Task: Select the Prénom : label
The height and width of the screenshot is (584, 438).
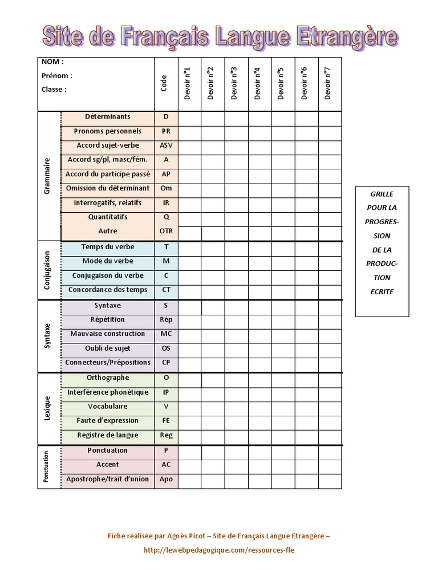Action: click(x=57, y=75)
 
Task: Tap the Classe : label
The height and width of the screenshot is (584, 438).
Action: click(x=54, y=89)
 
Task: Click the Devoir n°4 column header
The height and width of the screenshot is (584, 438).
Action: click(x=257, y=84)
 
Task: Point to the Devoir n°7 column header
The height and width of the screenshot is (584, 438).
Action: click(x=327, y=83)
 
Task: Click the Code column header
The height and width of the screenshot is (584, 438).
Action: click(x=164, y=84)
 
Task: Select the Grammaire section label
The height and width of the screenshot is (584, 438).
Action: click(x=47, y=176)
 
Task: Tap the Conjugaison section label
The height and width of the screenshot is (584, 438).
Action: click(x=47, y=270)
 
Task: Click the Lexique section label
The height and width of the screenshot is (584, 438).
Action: click(x=47, y=409)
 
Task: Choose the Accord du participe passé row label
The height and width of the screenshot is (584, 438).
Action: click(x=108, y=174)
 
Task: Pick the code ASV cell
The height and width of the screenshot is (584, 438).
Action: click(x=166, y=145)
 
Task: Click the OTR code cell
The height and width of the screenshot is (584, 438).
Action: click(x=166, y=231)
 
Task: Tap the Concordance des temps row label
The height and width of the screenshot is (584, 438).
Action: click(x=108, y=290)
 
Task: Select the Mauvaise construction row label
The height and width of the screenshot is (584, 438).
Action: click(x=108, y=334)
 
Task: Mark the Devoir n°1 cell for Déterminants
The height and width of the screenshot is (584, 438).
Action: click(x=189, y=118)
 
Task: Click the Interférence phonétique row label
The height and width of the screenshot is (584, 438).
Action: click(x=108, y=392)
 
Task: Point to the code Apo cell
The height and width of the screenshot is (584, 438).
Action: click(x=166, y=479)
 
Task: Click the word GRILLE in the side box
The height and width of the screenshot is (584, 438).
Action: click(x=382, y=194)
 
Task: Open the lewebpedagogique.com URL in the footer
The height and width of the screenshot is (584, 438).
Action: click(x=220, y=550)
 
